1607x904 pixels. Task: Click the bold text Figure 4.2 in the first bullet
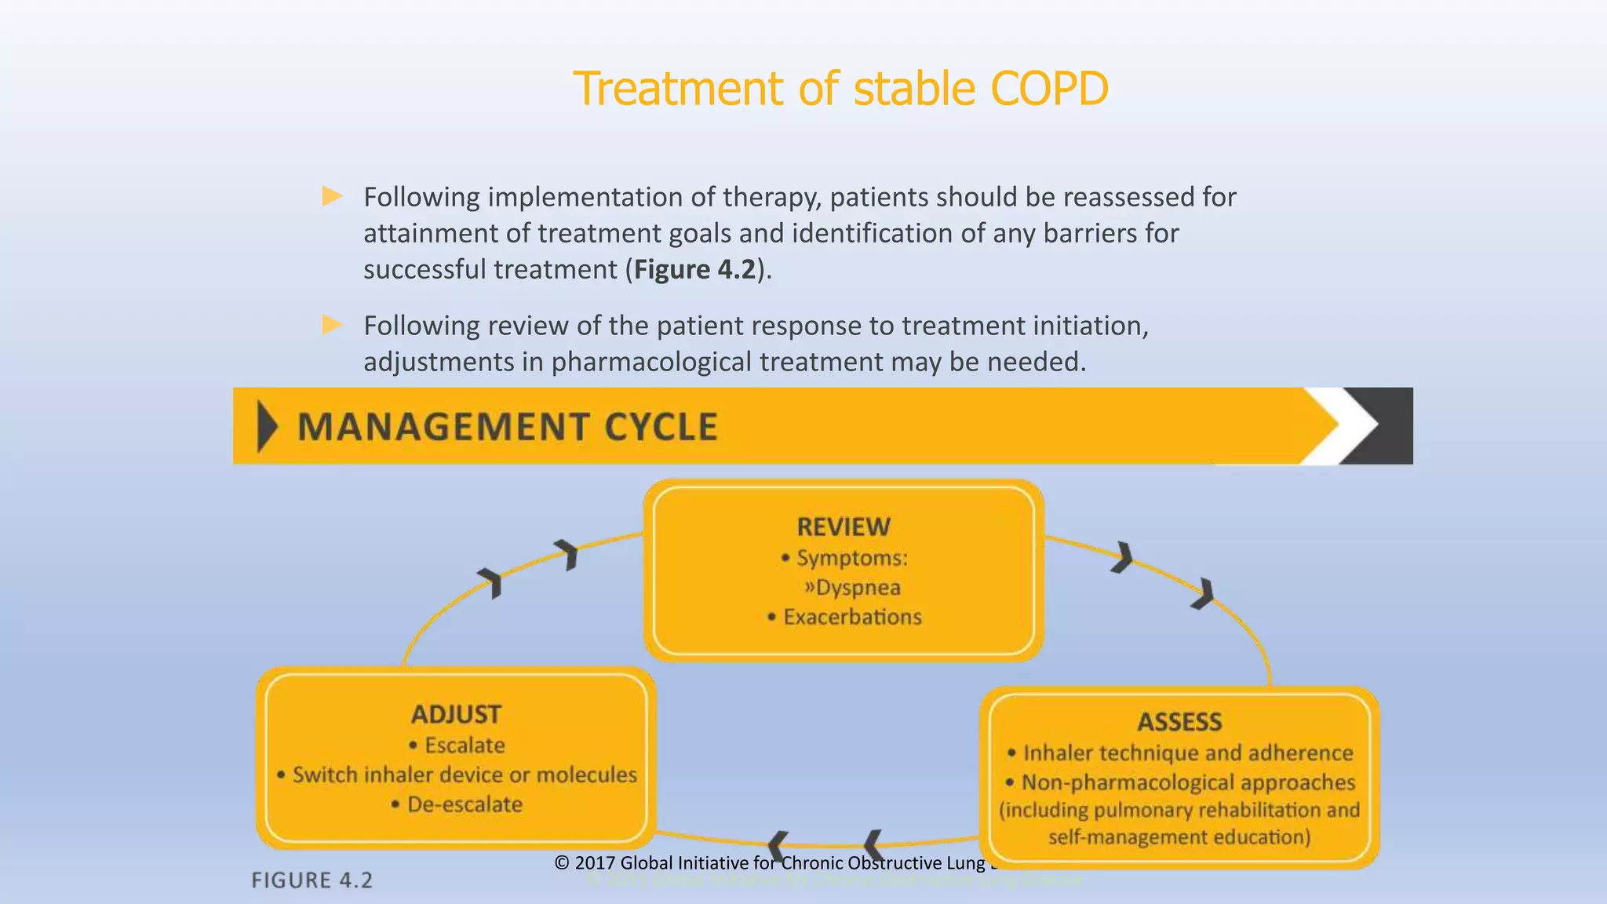point(694,269)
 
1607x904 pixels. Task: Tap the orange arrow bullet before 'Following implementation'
point(333,196)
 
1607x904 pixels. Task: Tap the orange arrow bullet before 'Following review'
point(333,325)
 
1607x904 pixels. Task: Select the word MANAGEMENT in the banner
point(443,428)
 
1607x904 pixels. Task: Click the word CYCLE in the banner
point(661,428)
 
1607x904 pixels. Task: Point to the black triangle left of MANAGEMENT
point(267,427)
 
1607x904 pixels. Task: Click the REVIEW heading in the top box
point(844,527)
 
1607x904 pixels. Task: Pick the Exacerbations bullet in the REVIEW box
point(852,618)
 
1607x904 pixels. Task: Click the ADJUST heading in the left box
point(456,714)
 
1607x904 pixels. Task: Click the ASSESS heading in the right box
point(1179,722)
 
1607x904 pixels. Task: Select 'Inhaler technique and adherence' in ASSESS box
point(1187,753)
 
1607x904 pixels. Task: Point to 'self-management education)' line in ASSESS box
point(1179,837)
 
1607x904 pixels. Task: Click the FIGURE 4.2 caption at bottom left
point(312,880)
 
